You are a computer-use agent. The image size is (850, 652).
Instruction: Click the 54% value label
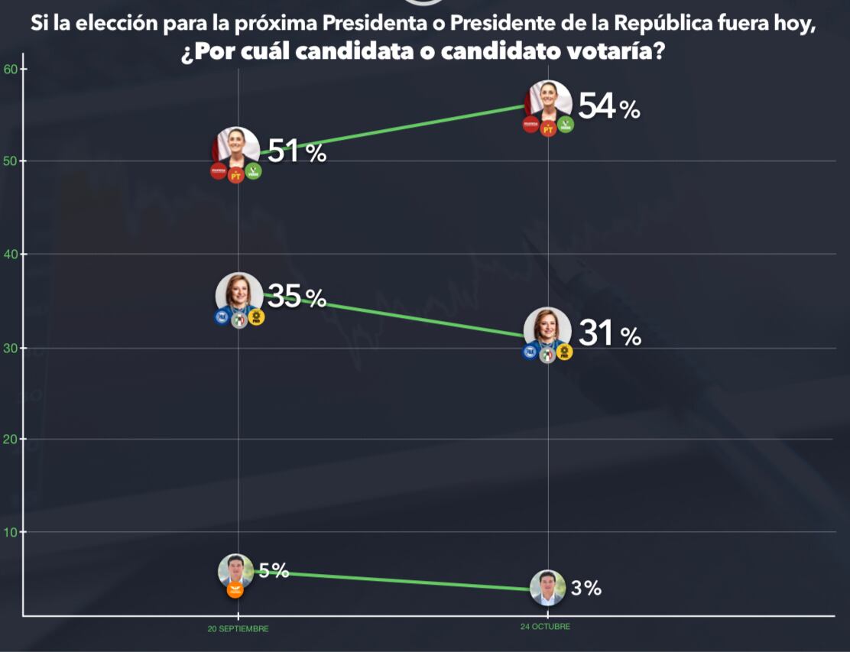[608, 107]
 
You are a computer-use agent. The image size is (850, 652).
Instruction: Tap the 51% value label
[297, 152]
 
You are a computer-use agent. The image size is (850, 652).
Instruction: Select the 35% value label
[297, 297]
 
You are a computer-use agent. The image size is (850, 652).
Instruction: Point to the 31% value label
[609, 334]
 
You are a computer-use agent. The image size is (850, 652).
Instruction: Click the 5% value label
[274, 570]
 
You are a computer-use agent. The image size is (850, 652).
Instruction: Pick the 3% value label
[586, 588]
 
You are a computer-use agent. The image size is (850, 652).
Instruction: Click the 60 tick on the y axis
[11, 69]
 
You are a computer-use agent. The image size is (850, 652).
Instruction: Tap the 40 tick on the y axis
[11, 255]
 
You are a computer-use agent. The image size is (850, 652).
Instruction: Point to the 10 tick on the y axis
[11, 532]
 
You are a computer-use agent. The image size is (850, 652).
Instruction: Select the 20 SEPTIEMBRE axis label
[238, 629]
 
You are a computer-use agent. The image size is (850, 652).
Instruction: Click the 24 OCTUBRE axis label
[547, 627]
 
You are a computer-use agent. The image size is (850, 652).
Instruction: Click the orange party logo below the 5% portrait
[235, 589]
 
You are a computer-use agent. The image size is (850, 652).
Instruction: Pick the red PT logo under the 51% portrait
[236, 176]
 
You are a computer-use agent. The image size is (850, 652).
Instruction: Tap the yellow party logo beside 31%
[565, 352]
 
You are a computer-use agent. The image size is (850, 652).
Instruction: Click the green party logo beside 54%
[566, 125]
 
